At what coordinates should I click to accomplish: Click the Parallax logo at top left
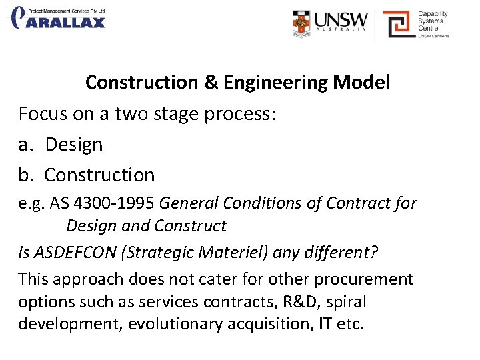pyautogui.click(x=59, y=18)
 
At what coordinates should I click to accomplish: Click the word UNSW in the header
pyautogui.click(x=340, y=19)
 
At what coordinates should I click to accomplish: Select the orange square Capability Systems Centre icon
pyautogui.click(x=398, y=25)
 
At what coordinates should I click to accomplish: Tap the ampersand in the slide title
pyautogui.click(x=211, y=83)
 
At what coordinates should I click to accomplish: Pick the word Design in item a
pyautogui.click(x=74, y=144)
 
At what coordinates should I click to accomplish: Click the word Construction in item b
pyautogui.click(x=99, y=175)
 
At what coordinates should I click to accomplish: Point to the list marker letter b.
pyautogui.click(x=25, y=175)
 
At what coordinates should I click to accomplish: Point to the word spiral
pyautogui.click(x=343, y=302)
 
